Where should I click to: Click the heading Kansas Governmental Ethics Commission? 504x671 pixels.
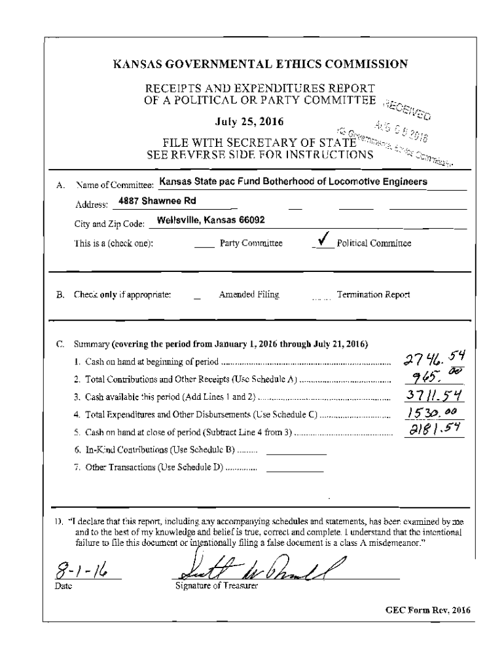click(x=261, y=64)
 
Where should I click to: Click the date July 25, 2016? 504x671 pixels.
click(x=251, y=122)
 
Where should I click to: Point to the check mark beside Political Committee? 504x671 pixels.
click(x=323, y=241)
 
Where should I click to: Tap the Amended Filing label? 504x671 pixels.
click(x=249, y=295)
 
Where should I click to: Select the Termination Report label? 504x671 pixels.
click(x=373, y=295)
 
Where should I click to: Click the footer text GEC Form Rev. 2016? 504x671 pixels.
click(x=427, y=610)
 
